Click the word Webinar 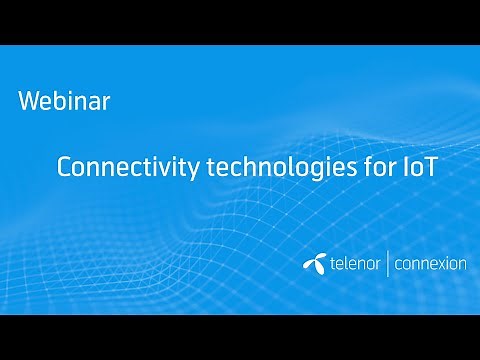coord(64,101)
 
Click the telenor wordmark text coord(350,264)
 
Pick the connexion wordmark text coord(431,264)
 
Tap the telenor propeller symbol coord(311,263)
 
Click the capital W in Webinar coord(29,101)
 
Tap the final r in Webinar coord(105,103)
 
